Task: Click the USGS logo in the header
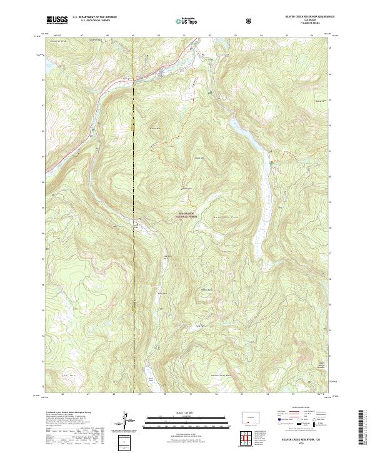tap(57, 20)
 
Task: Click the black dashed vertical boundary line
tap(134, 250)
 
